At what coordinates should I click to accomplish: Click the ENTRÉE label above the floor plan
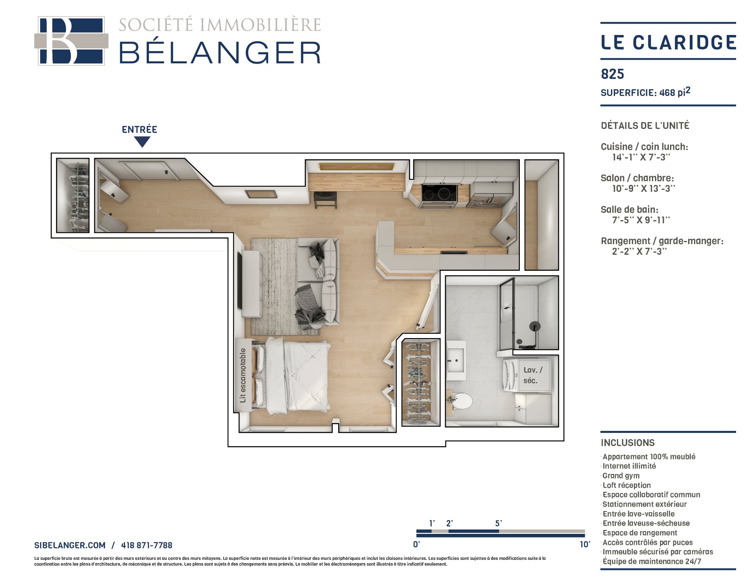[139, 129]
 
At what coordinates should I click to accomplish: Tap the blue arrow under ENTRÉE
[142, 142]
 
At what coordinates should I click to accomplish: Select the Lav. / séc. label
[532, 375]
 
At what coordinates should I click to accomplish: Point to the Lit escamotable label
[243, 375]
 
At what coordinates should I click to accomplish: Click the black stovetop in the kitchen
[439, 193]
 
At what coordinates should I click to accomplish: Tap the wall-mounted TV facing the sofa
[239, 280]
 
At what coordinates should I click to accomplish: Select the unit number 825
[613, 74]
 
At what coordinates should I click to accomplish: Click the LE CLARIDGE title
[668, 42]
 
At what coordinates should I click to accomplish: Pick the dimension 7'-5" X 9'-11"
[641, 220]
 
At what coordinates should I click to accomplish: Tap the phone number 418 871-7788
[147, 545]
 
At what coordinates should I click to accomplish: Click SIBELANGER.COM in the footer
[70, 545]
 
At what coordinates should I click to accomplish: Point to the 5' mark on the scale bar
[499, 524]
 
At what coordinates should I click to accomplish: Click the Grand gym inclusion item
[621, 476]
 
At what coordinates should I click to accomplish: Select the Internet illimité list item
[629, 466]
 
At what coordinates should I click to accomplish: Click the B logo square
[71, 41]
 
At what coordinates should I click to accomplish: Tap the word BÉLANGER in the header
[220, 52]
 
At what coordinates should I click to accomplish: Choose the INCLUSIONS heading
[628, 443]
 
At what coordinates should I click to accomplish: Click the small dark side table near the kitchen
[326, 200]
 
